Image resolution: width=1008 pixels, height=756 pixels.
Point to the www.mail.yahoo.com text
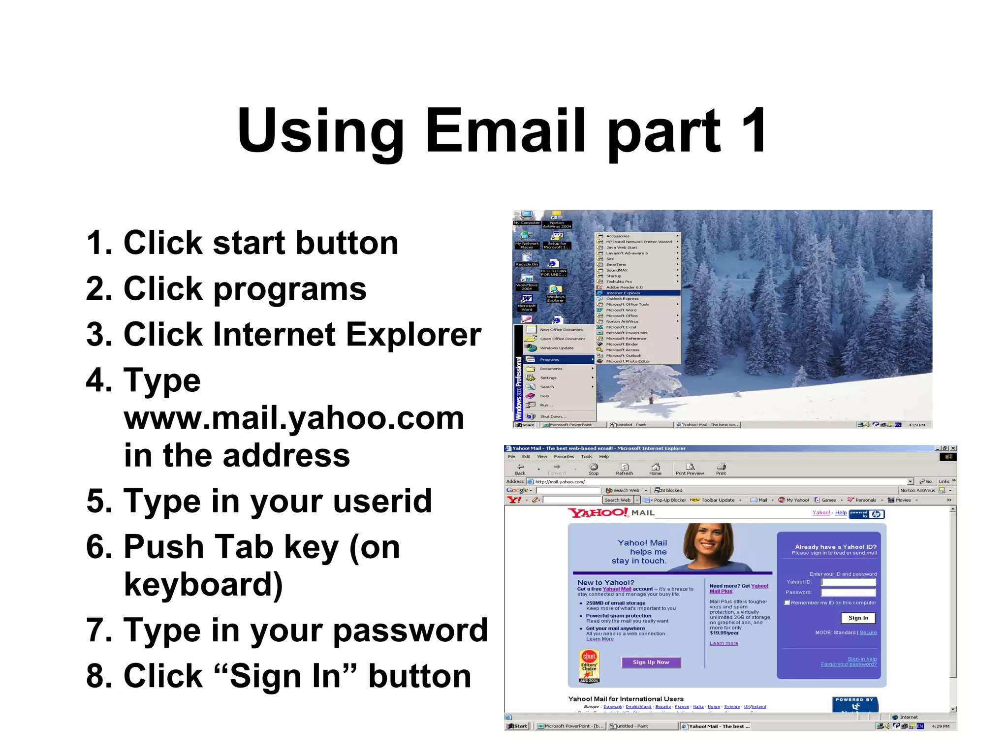click(294, 418)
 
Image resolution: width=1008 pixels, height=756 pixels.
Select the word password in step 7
click(410, 630)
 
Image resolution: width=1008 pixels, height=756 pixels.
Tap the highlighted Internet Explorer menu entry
click(638, 293)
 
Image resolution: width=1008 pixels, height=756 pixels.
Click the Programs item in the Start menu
click(550, 360)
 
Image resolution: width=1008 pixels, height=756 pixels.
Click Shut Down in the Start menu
click(553, 416)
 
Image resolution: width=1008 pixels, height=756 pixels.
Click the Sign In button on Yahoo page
click(858, 618)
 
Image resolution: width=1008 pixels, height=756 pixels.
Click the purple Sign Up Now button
click(651, 662)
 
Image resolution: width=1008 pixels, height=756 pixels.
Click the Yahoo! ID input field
click(849, 582)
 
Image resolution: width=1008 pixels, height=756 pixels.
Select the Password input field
click(849, 593)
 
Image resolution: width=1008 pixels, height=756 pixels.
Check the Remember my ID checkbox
click(787, 602)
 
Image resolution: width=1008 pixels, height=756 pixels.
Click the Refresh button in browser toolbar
click(624, 469)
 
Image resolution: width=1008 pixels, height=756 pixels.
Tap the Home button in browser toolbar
click(655, 469)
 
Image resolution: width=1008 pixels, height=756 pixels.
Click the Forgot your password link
click(849, 664)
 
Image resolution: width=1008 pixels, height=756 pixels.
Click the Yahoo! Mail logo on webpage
click(611, 513)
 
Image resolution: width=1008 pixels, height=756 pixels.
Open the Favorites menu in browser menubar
click(564, 457)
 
